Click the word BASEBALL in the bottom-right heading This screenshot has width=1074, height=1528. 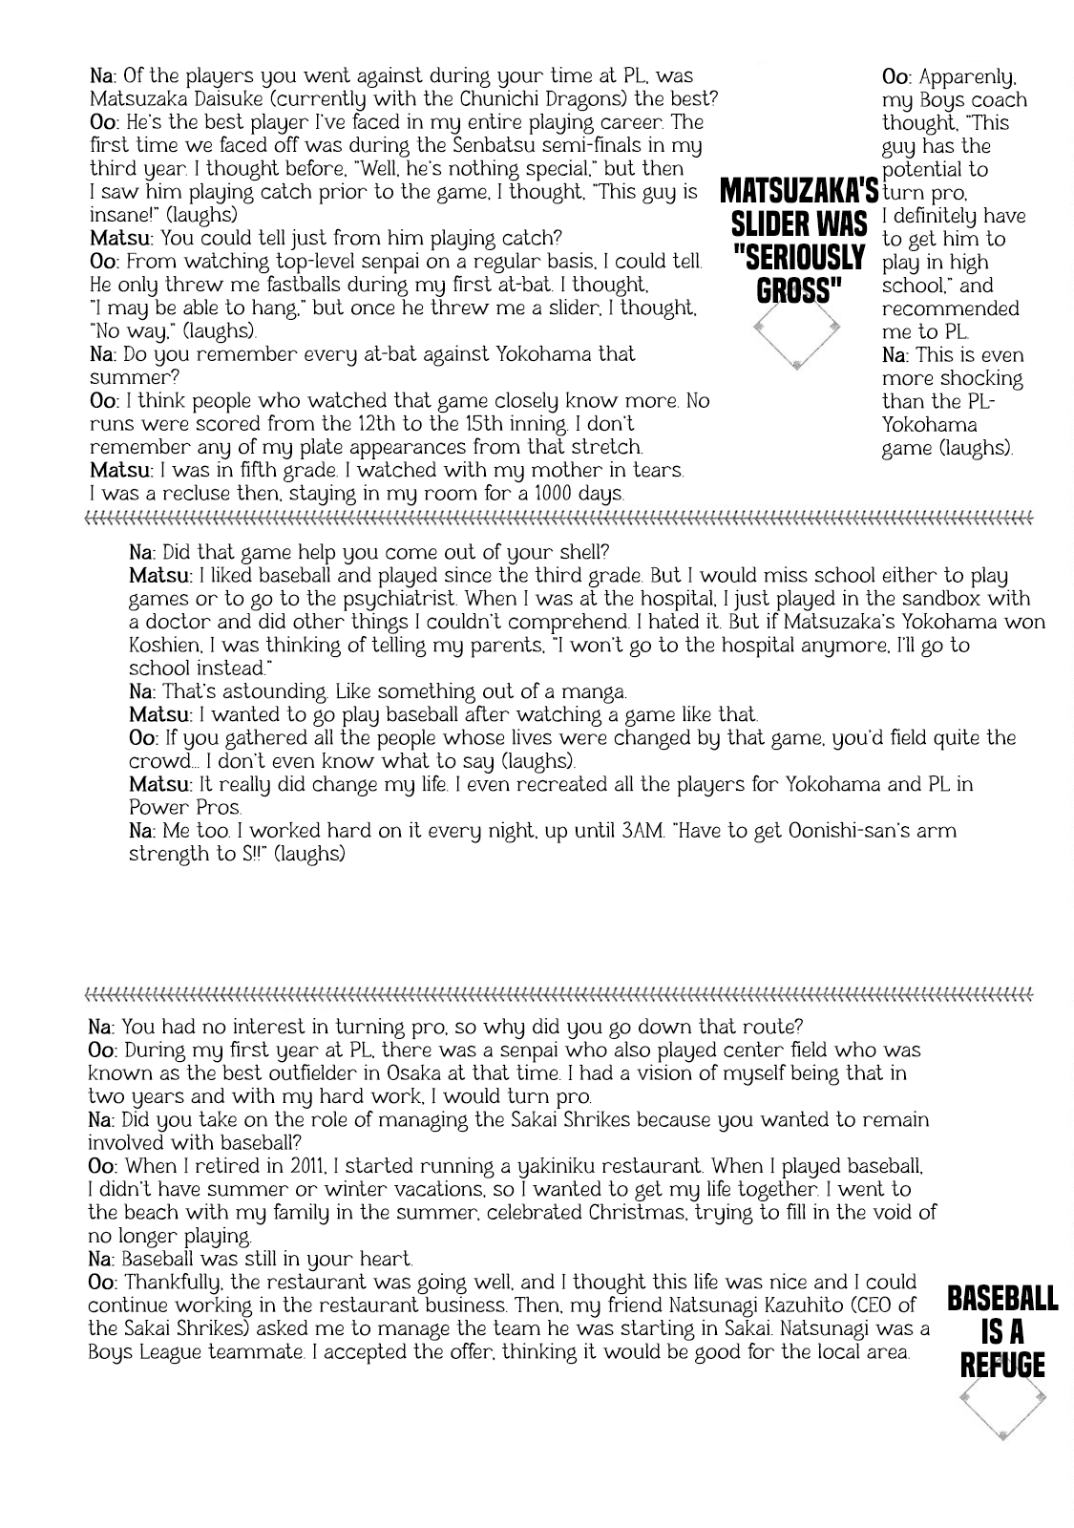[x=1001, y=1298]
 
